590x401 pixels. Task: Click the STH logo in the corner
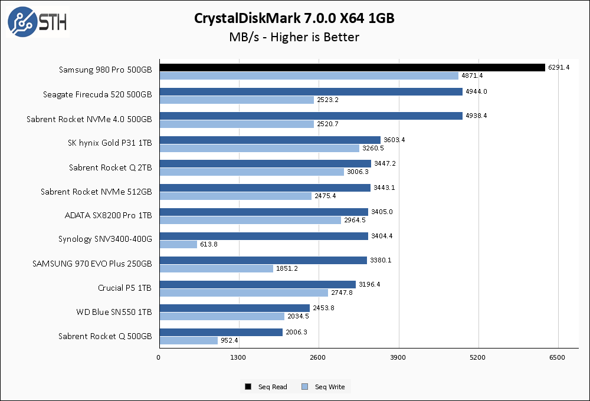point(37,22)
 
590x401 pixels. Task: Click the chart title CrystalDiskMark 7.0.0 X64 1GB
point(294,18)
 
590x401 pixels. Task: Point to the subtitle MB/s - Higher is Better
point(294,37)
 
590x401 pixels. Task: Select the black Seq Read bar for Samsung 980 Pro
point(352,67)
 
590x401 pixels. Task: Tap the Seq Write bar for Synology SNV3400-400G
point(178,244)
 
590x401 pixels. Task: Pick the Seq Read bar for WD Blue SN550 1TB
point(234,308)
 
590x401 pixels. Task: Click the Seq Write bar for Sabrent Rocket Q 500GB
point(188,340)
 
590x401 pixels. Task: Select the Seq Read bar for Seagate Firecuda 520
point(311,91)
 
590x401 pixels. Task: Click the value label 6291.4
point(559,67)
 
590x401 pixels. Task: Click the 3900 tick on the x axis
point(398,357)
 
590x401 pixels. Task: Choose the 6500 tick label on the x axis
point(558,357)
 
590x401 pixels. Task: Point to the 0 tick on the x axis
point(159,357)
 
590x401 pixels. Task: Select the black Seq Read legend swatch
point(248,387)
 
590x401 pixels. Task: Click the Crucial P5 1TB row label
point(125,288)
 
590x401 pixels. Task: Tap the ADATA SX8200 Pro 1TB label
point(109,215)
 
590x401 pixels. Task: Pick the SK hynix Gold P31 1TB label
point(110,143)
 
